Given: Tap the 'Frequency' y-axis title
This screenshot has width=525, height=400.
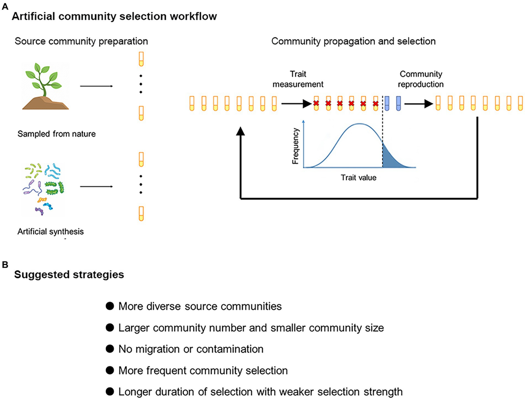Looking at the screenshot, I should coord(297,146).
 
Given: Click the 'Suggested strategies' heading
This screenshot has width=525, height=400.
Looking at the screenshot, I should coord(69,275).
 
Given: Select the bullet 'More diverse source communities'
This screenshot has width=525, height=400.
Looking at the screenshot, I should coord(200,306).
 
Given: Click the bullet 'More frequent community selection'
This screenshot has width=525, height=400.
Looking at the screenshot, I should coord(203,371).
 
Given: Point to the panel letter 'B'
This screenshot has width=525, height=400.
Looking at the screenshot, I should coord(4,265).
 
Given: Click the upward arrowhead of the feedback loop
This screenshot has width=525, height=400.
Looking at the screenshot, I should coord(240,132).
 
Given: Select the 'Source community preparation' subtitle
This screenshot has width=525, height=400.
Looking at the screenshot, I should coord(81,41).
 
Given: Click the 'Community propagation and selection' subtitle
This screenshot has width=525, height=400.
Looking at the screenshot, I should coord(353,41).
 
